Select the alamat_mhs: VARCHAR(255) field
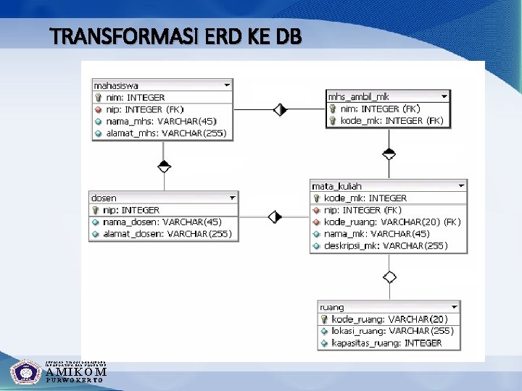pos(166,133)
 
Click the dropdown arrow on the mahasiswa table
pos(227,85)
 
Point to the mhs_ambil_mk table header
pos(359,96)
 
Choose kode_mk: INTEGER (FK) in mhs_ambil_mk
pos(391,120)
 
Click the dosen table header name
pos(104,198)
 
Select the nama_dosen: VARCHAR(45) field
pos(162,222)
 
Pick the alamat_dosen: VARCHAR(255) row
pos(167,233)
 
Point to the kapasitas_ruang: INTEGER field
pos(386,342)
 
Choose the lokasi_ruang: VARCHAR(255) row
pos(392,331)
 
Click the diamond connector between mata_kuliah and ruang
pos(389,277)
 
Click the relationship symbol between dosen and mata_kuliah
pos(275,216)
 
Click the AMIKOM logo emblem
pos(26,372)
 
